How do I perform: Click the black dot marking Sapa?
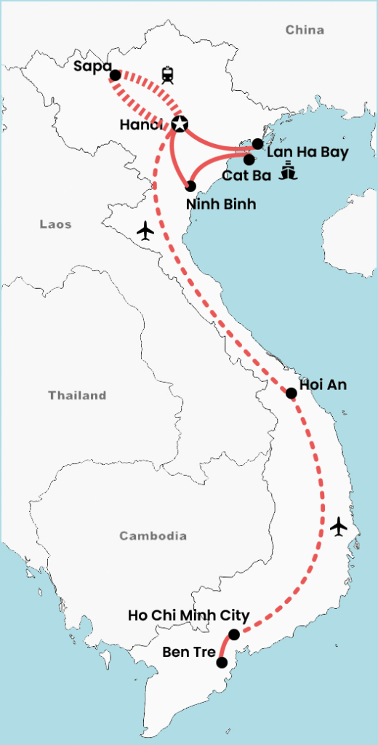[x=114, y=75]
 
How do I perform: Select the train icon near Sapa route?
[x=169, y=73]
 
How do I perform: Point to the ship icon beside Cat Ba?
[x=289, y=172]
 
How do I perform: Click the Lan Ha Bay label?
[x=307, y=153]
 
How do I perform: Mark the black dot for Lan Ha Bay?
[x=257, y=143]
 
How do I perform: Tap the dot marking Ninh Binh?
[x=190, y=186]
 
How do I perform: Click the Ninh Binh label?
[x=221, y=204]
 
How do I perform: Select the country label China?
[x=305, y=30]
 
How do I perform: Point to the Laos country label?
[x=55, y=225]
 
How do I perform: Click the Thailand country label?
[x=77, y=396]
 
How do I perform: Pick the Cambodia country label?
[x=153, y=536]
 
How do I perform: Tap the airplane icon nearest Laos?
[x=146, y=231]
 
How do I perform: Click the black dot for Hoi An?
[x=291, y=393]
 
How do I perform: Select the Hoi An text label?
[x=323, y=385]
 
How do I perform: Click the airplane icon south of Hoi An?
[x=339, y=526]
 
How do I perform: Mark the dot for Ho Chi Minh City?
[x=233, y=634]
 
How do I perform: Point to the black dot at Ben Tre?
[x=222, y=662]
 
